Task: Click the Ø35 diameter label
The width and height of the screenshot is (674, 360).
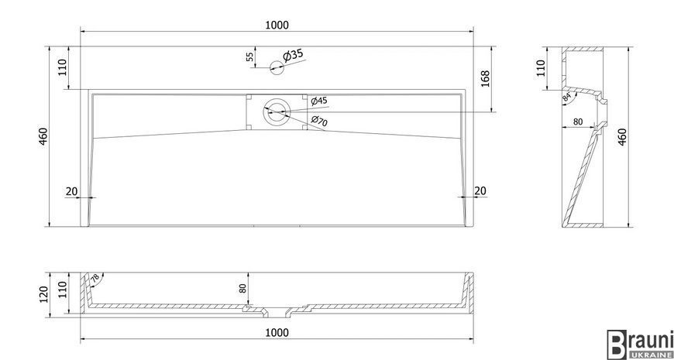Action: [x=293, y=56]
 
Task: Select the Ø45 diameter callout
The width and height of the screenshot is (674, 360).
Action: [x=319, y=101]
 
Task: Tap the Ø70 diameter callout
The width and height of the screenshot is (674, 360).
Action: [x=318, y=122]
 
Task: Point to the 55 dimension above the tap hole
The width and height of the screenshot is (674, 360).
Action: [x=249, y=57]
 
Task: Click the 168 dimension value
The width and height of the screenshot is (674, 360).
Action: [x=485, y=79]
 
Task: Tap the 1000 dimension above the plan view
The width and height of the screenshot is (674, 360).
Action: [x=277, y=25]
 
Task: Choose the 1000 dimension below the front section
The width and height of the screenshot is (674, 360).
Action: [x=277, y=332]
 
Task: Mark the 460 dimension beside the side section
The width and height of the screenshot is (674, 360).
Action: [x=621, y=136]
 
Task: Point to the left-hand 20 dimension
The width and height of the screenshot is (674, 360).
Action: [x=71, y=190]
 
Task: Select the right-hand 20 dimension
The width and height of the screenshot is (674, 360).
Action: [x=480, y=190]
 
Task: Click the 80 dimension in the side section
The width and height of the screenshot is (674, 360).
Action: [x=578, y=122]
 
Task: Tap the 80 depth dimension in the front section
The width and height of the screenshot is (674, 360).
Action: [x=242, y=289]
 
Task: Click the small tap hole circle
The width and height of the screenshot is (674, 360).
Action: [x=277, y=67]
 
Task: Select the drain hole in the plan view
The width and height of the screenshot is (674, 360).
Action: [x=277, y=111]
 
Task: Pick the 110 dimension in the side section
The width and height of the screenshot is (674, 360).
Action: [x=541, y=68]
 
